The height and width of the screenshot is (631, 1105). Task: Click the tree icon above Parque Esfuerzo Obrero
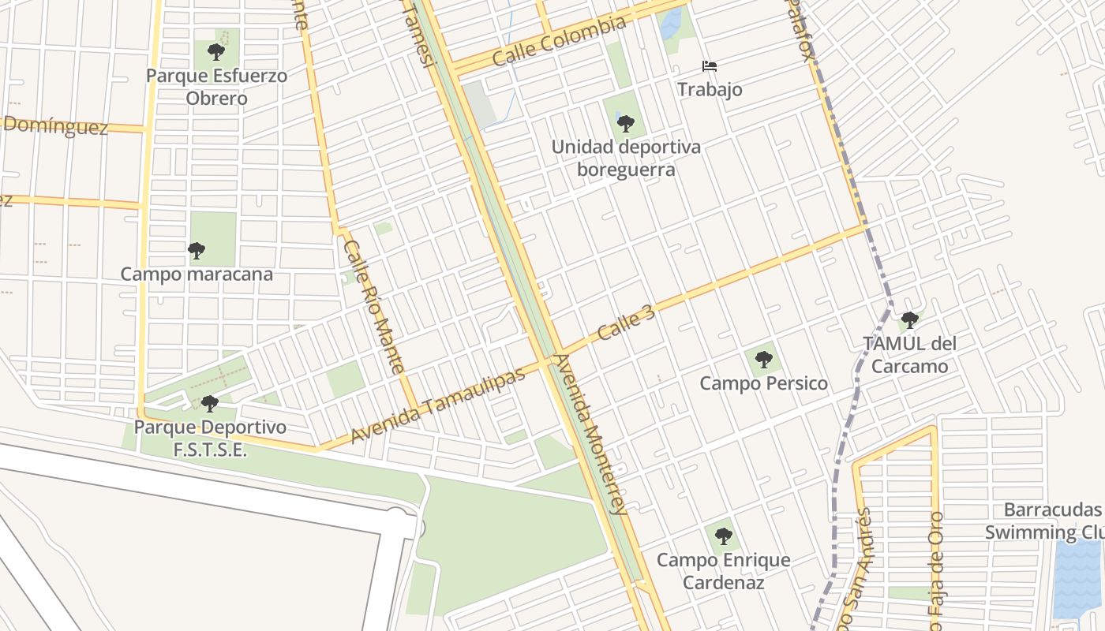pyautogui.click(x=215, y=53)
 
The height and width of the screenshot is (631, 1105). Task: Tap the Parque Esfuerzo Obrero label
pyautogui.click(x=216, y=88)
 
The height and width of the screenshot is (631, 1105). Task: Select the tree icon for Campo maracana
pyautogui.click(x=197, y=251)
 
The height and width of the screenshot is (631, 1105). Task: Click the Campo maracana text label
pyautogui.click(x=197, y=274)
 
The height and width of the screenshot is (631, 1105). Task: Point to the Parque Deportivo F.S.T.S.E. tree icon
pyautogui.click(x=209, y=404)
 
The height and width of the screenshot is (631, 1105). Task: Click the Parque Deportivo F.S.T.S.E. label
pyautogui.click(x=210, y=439)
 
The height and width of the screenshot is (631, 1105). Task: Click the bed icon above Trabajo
pyautogui.click(x=710, y=66)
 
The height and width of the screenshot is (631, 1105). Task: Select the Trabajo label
pyautogui.click(x=710, y=89)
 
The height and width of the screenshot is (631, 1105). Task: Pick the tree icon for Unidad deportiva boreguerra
pyautogui.click(x=626, y=124)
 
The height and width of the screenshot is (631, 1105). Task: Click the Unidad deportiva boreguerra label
pyautogui.click(x=626, y=159)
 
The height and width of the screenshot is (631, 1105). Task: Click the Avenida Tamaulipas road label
pyautogui.click(x=437, y=405)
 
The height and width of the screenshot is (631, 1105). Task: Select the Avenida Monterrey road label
pyautogui.click(x=590, y=434)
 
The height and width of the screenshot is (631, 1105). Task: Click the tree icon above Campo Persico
pyautogui.click(x=763, y=360)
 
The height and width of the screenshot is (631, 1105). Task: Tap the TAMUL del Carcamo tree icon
pyautogui.click(x=909, y=320)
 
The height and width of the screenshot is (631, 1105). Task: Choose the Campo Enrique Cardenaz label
pyautogui.click(x=724, y=571)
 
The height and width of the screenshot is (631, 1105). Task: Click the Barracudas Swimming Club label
pyautogui.click(x=1043, y=521)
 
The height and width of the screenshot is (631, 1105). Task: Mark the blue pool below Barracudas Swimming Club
pyautogui.click(x=1077, y=580)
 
